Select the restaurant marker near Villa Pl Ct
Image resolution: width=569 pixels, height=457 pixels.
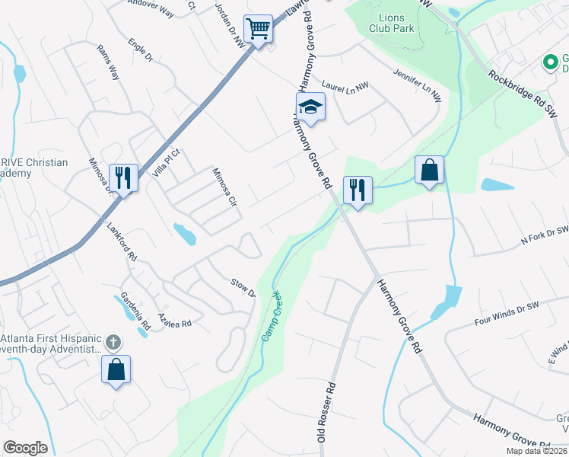[x=122, y=177]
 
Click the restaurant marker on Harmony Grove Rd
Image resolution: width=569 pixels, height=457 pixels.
[x=356, y=190]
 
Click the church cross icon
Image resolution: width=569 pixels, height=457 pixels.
[x=113, y=342]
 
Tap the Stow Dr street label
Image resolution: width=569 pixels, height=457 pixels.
[x=243, y=288]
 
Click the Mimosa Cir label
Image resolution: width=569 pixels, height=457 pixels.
[x=224, y=187]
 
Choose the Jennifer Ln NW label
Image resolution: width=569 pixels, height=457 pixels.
[x=417, y=85]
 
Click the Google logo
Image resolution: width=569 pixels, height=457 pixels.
[x=25, y=448]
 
